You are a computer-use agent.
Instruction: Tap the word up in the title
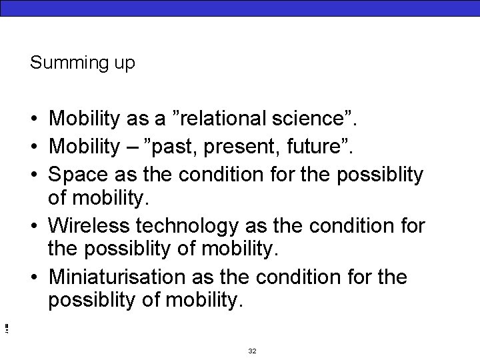pos(125,64)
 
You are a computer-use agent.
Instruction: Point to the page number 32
pos(252,351)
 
